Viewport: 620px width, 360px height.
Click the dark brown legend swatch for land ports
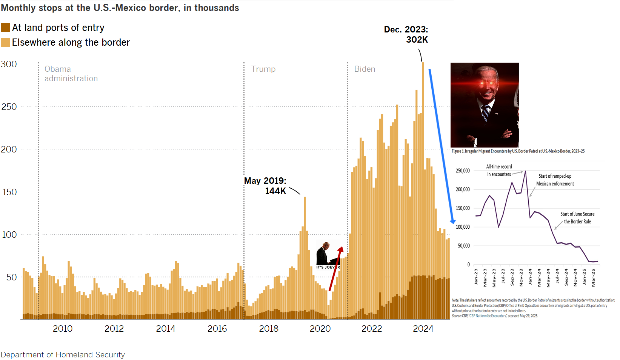5,28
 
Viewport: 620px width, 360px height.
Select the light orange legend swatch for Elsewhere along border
5,42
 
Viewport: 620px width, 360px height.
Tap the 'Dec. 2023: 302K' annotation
406,34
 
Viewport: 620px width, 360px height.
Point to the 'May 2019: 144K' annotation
265,186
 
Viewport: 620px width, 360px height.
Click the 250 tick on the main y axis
9,107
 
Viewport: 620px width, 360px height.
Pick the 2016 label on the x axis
217,329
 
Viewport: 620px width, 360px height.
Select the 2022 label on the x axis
372,329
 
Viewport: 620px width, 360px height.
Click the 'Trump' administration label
263,69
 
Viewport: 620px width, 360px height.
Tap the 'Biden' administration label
365,69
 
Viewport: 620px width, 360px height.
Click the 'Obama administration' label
71,74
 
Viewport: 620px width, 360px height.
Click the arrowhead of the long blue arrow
452,222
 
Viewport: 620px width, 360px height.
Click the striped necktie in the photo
485,114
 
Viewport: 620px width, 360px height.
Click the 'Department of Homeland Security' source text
63,355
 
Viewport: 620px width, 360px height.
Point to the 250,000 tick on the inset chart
463,171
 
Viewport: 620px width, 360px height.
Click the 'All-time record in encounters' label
499,171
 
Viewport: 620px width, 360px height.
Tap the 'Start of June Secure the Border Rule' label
577,218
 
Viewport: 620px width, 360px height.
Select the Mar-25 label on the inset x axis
593,277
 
